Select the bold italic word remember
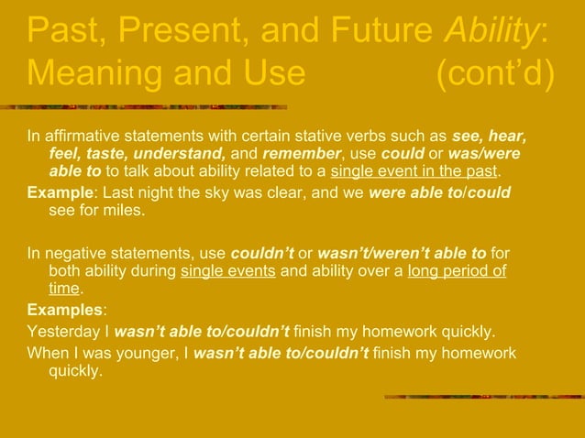coord(301,155)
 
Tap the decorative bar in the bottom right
coord(481,397)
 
